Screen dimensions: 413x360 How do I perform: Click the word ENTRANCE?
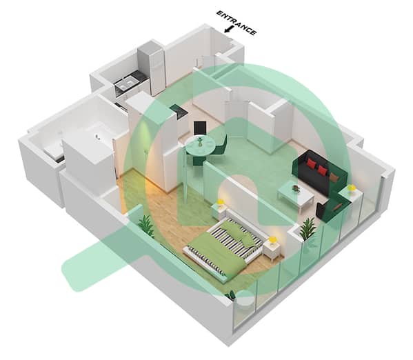pyautogui.click(x=236, y=23)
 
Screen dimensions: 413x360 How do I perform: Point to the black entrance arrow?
pyautogui.click(x=229, y=29)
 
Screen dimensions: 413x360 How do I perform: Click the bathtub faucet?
pyautogui.click(x=97, y=137)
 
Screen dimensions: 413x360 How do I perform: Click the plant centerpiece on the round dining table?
pyautogui.click(x=200, y=141)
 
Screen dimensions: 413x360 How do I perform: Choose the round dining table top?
pyautogui.click(x=200, y=146)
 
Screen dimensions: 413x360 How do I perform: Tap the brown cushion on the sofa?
pyautogui.click(x=334, y=177)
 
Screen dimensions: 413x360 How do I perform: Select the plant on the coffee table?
pyautogui.click(x=296, y=188)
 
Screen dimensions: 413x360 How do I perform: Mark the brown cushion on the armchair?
pyautogui.click(x=337, y=208)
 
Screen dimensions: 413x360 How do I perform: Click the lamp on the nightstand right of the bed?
pyautogui.click(x=273, y=241)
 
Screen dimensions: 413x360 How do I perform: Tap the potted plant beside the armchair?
pyautogui.click(x=308, y=228)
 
